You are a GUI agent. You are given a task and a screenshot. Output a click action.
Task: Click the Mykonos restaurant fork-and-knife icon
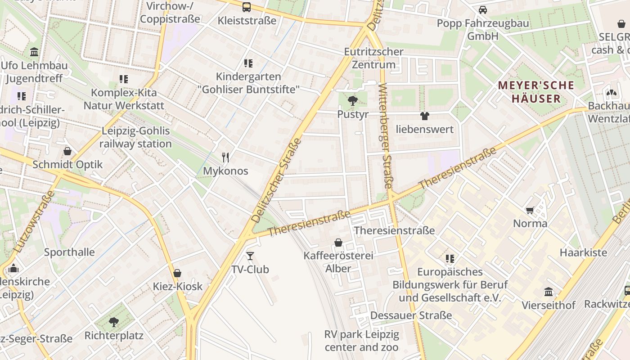click(x=225, y=157)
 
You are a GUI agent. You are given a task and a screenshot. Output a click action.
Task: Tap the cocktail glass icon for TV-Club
click(x=250, y=256)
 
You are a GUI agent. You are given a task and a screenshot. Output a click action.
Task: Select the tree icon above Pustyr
click(x=353, y=100)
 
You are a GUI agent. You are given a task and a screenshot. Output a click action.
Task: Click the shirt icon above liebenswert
click(x=424, y=116)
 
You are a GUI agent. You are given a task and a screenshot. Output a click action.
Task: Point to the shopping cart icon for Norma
click(x=530, y=210)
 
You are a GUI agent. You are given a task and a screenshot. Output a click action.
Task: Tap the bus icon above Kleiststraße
click(x=247, y=7)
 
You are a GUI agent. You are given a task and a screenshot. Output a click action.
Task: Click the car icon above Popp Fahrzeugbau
click(x=483, y=9)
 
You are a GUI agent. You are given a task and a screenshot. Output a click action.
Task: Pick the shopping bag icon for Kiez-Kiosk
click(x=177, y=273)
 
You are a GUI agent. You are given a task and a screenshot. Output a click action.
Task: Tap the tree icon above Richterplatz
click(x=114, y=322)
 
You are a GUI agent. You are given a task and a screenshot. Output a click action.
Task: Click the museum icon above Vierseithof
click(x=549, y=292)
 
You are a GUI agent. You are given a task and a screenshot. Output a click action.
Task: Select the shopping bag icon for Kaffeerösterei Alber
click(x=338, y=243)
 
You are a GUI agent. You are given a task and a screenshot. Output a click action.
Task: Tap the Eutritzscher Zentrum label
click(x=373, y=58)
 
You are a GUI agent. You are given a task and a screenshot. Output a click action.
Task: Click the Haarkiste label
click(x=583, y=252)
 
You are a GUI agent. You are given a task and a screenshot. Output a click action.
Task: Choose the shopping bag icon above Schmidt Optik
click(x=67, y=151)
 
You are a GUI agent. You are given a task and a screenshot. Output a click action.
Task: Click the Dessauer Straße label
click(x=411, y=315)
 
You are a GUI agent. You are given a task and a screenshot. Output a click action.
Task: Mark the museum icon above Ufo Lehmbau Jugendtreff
click(x=34, y=52)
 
